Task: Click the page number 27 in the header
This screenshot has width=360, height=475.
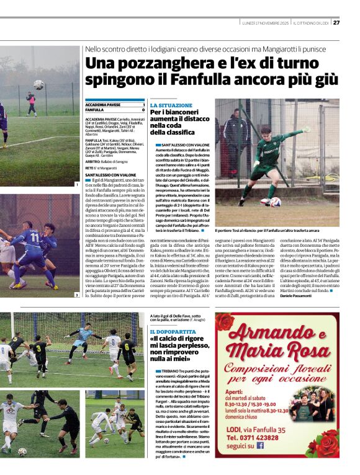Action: [336, 23]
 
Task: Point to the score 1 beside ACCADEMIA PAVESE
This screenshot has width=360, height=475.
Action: [143, 105]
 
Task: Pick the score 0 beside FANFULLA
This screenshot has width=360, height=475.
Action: [143, 110]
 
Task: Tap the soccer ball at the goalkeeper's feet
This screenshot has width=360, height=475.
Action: [275, 202]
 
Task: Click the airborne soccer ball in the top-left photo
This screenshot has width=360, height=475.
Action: [38, 84]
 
